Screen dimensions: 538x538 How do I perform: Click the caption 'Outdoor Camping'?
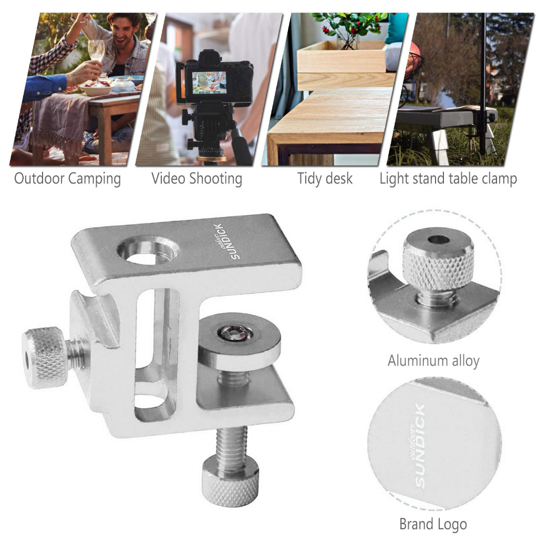pos(68,179)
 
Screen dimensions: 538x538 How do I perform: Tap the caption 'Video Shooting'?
pos(197,179)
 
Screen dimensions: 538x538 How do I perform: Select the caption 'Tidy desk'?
pos(325,179)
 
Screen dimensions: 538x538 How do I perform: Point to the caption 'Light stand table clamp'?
pos(448,179)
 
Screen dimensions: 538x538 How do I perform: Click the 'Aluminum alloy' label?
pos(433,360)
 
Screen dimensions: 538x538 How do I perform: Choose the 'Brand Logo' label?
pos(433,524)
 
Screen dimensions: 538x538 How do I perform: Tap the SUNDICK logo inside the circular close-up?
pos(418,446)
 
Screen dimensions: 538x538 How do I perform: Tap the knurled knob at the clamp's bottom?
pos(230,482)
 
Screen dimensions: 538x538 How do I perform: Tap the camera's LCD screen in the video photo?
pos(209,82)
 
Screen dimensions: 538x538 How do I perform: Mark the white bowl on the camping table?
pos(97,89)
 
